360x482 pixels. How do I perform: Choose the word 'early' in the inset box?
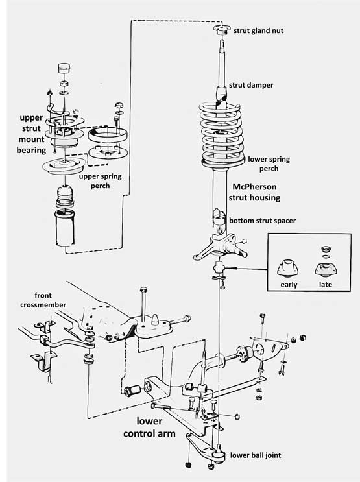(289, 284)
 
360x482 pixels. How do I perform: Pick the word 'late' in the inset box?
(325, 284)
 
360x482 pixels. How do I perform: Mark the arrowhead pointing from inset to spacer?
(228, 267)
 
